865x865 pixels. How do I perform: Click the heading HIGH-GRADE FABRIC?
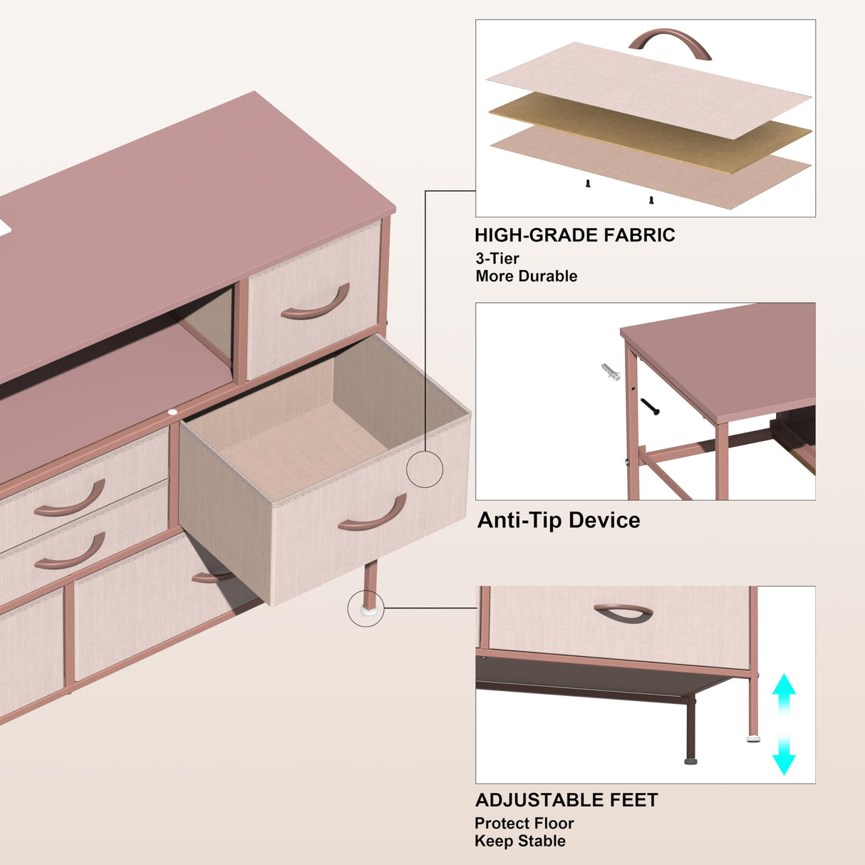tap(574, 235)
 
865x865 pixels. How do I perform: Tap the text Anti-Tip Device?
tap(559, 520)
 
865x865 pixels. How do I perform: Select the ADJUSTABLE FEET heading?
tap(566, 800)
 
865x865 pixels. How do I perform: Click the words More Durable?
tap(526, 276)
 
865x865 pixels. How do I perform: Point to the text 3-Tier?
tap(497, 259)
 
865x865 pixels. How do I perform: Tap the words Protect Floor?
tap(524, 824)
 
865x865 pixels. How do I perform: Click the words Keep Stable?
tap(520, 841)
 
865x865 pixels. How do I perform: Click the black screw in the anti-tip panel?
tap(650, 407)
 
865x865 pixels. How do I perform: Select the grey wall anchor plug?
tap(611, 371)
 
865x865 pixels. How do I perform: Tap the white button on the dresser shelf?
tap(172, 411)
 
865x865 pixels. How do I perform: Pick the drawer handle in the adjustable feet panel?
tap(623, 613)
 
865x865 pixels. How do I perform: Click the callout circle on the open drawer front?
tap(425, 469)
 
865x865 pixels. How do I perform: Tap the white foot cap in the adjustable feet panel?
tap(753, 738)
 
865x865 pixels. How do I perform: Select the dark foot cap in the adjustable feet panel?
tap(690, 761)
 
